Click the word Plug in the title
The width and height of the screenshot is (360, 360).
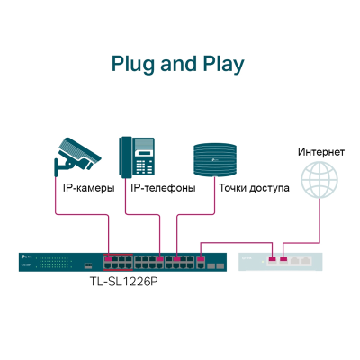(x=132, y=65)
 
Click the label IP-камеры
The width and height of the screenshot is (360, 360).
(x=89, y=188)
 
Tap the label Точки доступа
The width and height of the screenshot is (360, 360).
(x=253, y=188)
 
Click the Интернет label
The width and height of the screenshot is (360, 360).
(x=320, y=151)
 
